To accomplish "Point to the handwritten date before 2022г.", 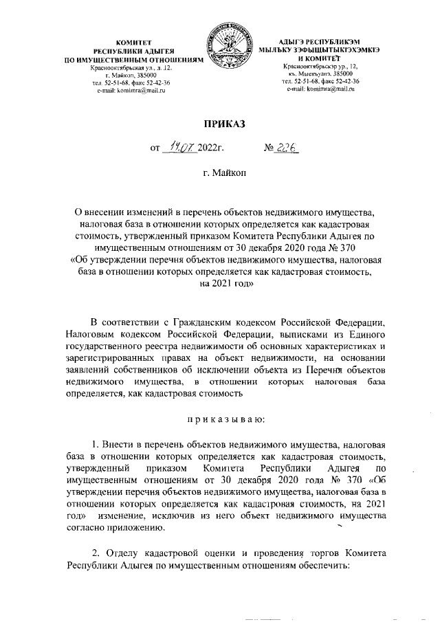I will pos(178,146).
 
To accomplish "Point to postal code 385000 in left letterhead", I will pos(148,76).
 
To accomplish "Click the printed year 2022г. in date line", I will pos(212,148).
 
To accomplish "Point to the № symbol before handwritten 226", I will pos(270,147).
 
